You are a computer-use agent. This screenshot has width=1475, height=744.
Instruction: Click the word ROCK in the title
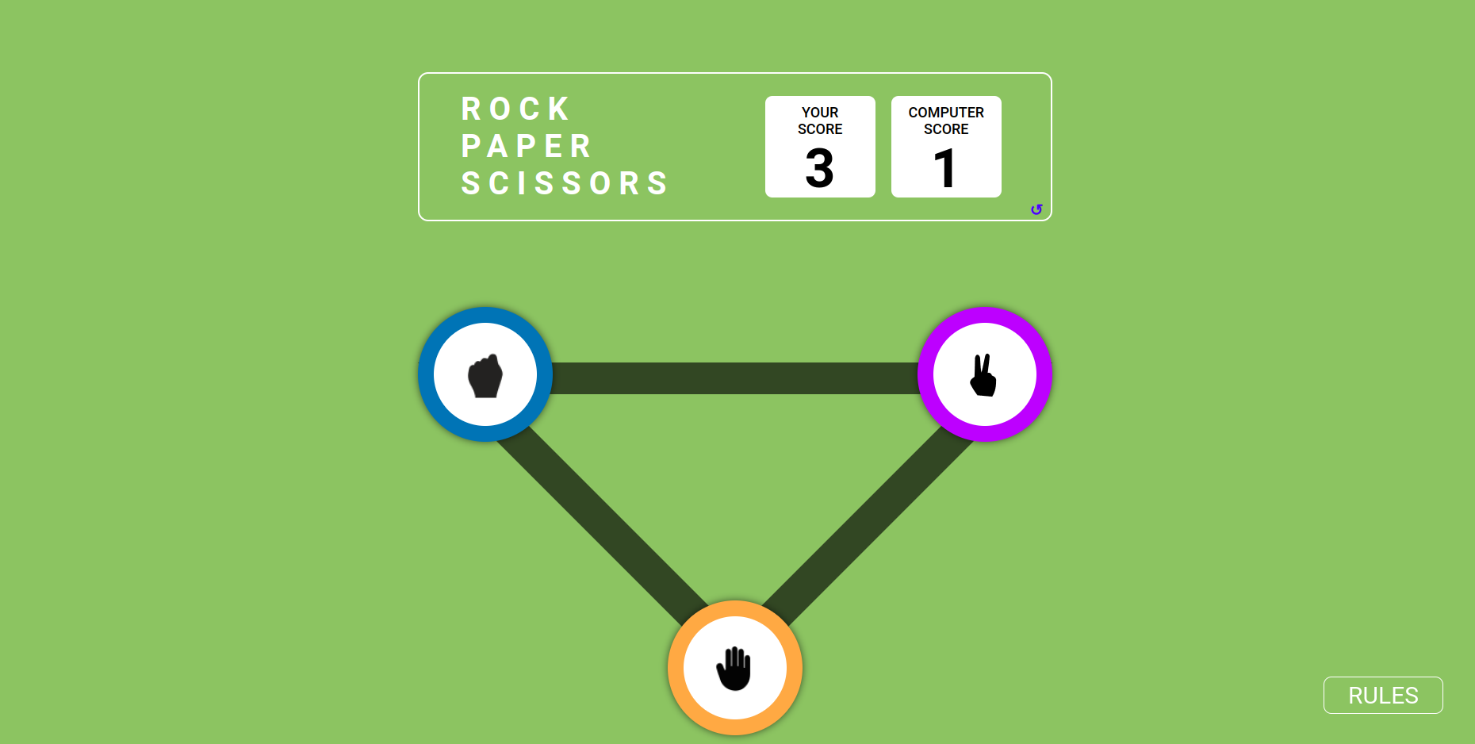point(515,109)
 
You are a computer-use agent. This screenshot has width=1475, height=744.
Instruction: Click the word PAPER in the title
point(527,146)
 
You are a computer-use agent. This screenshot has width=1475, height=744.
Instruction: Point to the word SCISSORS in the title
point(565,183)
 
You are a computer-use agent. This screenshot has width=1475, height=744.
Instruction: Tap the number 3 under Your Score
point(820,168)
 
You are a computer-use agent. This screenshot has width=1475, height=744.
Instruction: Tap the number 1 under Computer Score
point(944,168)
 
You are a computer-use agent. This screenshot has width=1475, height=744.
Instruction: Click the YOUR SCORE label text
point(820,121)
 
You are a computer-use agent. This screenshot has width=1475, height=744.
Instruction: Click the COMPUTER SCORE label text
point(946,121)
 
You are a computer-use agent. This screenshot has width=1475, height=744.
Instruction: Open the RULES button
point(1383,695)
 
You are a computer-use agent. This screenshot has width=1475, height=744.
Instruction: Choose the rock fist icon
point(485,375)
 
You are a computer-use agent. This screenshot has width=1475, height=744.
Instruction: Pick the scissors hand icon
point(984,375)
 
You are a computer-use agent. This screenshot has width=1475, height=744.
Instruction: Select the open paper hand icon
point(734,669)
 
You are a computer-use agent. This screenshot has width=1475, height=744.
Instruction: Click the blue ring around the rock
point(426,374)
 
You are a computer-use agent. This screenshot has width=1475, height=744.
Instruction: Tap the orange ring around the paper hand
point(676,668)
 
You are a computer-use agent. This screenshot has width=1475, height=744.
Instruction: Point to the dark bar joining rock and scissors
point(735,378)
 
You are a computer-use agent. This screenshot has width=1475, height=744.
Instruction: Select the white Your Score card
point(820,147)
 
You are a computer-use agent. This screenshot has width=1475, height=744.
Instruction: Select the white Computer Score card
point(946,147)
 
